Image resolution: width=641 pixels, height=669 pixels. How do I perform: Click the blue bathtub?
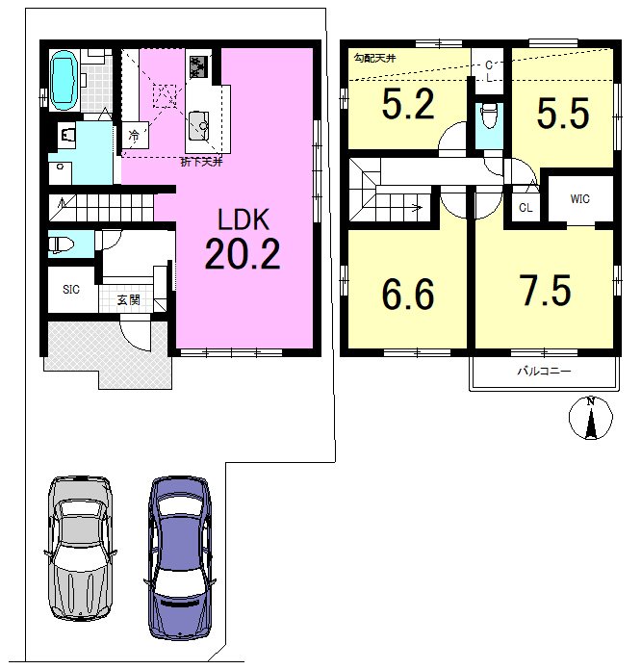[64, 78]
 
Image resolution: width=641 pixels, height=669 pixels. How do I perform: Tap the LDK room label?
[244, 219]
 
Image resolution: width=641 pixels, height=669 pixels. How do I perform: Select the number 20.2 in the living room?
[243, 253]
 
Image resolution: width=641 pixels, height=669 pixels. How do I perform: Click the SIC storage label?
[71, 290]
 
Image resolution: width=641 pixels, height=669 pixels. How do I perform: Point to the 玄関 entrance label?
[128, 299]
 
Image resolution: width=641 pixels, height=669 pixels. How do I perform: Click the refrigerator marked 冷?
[135, 136]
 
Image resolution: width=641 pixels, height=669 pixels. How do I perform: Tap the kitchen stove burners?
[198, 66]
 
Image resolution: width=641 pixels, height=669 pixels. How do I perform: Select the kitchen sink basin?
[198, 126]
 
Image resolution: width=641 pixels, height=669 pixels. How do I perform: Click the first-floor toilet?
[61, 244]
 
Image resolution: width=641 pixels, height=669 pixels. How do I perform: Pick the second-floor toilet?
[489, 116]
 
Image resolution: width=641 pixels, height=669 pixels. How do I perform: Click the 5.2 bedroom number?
[408, 104]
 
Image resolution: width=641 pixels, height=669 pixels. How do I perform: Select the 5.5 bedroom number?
[563, 113]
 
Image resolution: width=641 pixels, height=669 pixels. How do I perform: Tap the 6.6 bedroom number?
[408, 294]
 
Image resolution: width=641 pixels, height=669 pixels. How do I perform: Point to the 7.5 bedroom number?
[547, 291]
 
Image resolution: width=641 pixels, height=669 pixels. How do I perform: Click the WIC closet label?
[579, 199]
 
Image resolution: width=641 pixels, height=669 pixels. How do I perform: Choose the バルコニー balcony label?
[544, 372]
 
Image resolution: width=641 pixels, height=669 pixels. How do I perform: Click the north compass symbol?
[591, 418]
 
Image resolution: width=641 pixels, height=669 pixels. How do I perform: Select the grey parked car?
[80, 548]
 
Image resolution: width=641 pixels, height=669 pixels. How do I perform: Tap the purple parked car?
[180, 558]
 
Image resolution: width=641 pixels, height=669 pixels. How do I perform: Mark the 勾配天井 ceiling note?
[374, 58]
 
